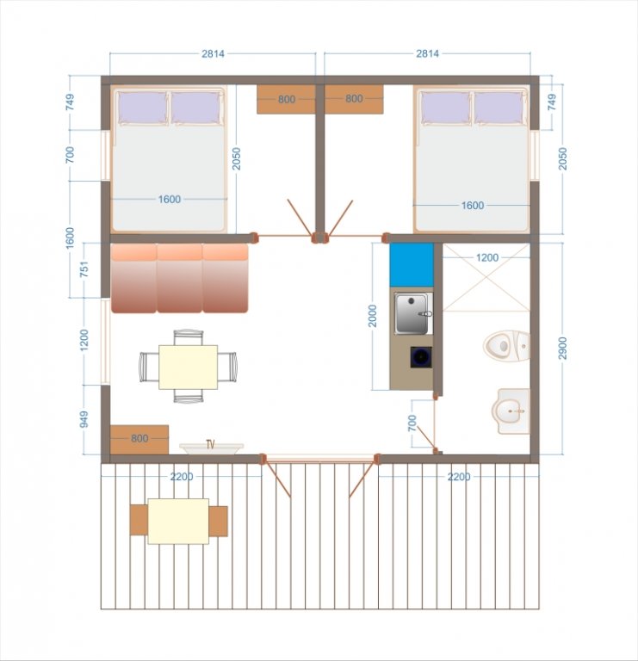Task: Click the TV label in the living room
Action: [x=210, y=444]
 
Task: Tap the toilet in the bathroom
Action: [x=506, y=346]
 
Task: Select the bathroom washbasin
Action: [x=511, y=411]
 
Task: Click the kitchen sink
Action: [x=413, y=313]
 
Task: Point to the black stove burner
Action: [x=421, y=357]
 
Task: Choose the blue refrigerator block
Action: [x=412, y=265]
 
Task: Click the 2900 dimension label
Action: [x=563, y=349]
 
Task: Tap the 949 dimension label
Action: [x=84, y=419]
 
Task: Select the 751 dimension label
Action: [x=84, y=269]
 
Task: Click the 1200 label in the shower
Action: [x=487, y=257]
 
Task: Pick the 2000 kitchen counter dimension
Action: [x=372, y=316]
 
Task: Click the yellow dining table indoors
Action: [x=188, y=368]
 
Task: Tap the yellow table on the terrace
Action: [x=178, y=522]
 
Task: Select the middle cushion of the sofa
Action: [x=180, y=278]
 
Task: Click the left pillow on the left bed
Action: [x=143, y=108]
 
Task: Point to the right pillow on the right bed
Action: [x=499, y=108]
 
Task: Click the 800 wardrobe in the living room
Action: [x=139, y=439]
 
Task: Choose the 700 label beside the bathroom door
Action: [x=412, y=423]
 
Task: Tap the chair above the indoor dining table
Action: [x=189, y=338]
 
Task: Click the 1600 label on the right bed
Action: [x=473, y=206]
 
